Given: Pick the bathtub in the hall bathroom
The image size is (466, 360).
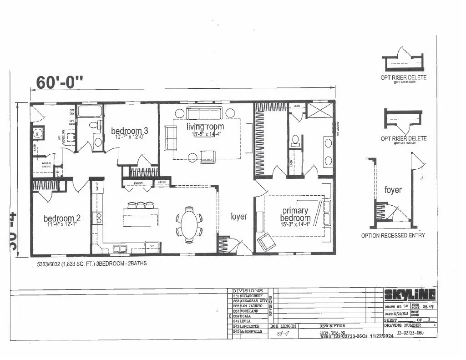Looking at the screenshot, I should point(90,112).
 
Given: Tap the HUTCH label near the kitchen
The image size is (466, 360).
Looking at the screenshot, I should point(162,183).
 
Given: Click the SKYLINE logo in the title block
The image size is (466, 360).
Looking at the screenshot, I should point(410,295).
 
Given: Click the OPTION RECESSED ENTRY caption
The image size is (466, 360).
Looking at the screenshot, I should point(393,235).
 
